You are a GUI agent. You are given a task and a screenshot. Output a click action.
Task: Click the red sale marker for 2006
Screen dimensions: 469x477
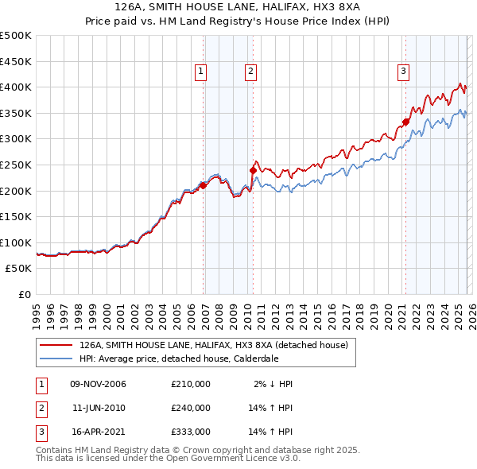pos(203,185)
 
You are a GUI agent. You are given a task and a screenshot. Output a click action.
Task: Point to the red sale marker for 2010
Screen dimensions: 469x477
pos(253,170)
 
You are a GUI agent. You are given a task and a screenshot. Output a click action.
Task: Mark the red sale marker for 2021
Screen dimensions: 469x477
pos(405,122)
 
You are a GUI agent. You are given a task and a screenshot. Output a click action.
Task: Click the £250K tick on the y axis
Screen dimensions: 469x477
pos(16,165)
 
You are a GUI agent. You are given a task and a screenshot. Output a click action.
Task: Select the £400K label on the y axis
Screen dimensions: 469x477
pos(16,87)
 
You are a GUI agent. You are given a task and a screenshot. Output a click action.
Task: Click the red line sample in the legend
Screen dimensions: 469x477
pos(56,346)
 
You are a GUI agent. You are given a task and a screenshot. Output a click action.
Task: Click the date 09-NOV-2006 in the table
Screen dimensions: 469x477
pos(98,384)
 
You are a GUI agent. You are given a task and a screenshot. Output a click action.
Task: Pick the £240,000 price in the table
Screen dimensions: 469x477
pos(190,407)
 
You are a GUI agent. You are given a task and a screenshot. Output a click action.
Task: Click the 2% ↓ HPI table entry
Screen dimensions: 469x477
pos(274,384)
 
